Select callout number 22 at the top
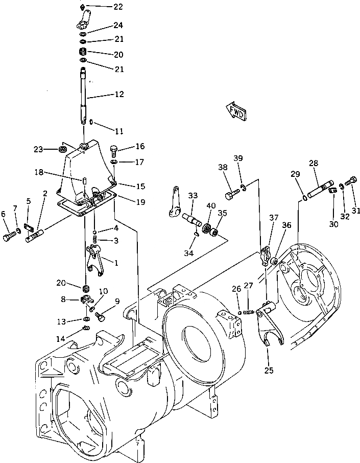pyautogui.click(x=118, y=7)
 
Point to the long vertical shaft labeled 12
pyautogui.click(x=84, y=97)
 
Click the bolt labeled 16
pyautogui.click(x=114, y=150)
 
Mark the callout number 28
pyautogui.click(x=313, y=164)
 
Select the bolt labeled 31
pyautogui.click(x=352, y=180)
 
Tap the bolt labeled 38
pyautogui.click(x=231, y=195)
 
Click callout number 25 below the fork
pyautogui.click(x=269, y=368)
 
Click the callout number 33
pyautogui.click(x=192, y=195)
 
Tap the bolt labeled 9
pyautogui.click(x=101, y=317)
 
